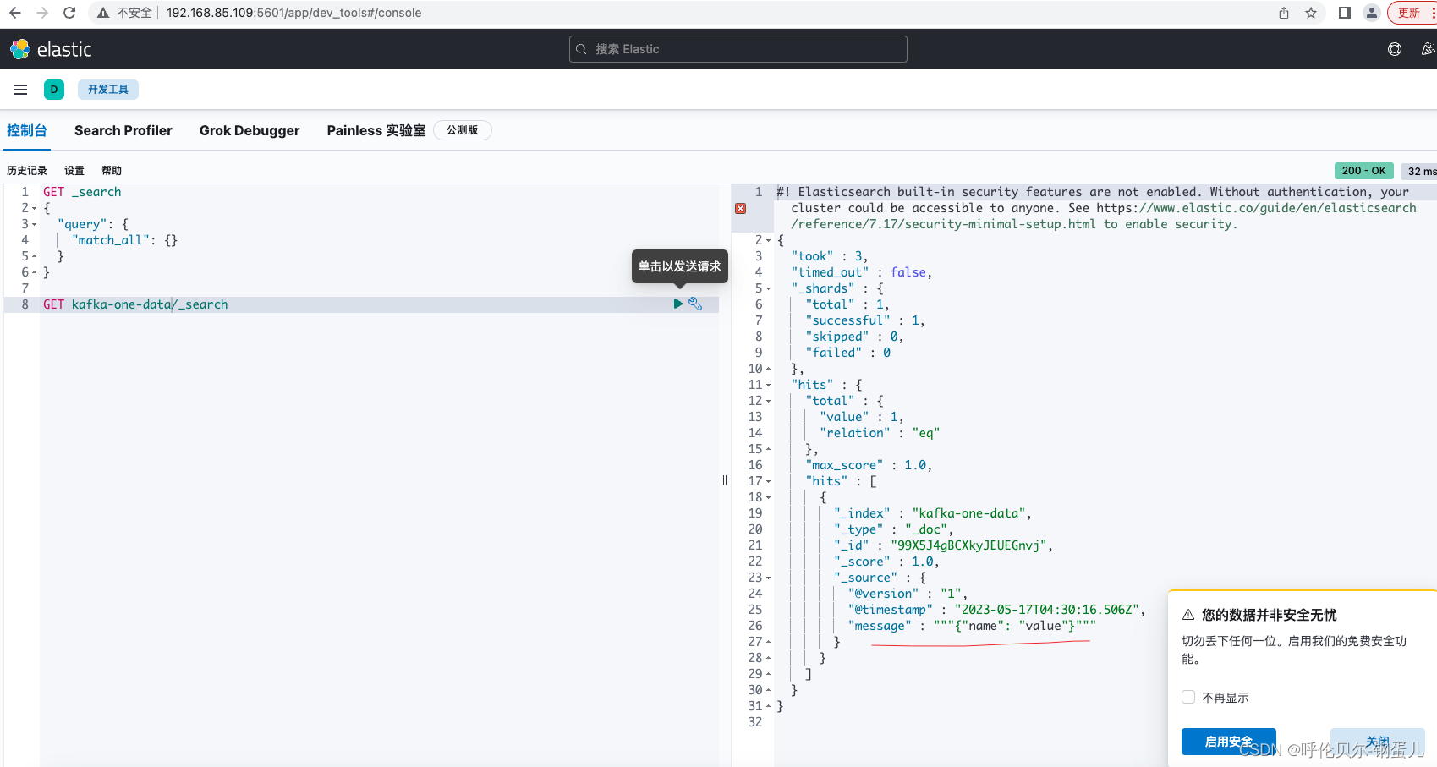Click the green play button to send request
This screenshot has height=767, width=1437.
tap(677, 304)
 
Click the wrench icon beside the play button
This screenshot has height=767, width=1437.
tap(695, 304)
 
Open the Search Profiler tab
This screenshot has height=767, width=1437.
tap(123, 131)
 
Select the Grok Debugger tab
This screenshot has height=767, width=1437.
tap(250, 131)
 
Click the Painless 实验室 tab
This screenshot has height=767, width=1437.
tap(376, 131)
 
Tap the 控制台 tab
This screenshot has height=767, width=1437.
tap(27, 131)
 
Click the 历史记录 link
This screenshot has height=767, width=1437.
tap(27, 171)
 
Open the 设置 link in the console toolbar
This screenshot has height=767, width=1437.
tap(74, 171)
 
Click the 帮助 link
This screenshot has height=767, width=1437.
tap(112, 171)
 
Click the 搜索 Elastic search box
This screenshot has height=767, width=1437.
tap(738, 49)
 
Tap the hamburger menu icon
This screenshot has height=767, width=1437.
tap(20, 90)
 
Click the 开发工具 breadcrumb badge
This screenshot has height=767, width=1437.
tap(107, 90)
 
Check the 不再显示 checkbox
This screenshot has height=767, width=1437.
tap(1188, 697)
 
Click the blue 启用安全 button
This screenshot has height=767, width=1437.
tap(1228, 742)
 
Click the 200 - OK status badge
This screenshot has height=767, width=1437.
tap(1364, 171)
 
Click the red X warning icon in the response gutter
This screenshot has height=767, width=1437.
tap(740, 208)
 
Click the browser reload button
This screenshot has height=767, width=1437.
tap(69, 13)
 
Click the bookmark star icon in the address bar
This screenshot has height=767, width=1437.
tap(1311, 13)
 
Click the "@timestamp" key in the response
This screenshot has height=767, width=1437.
tap(890, 610)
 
